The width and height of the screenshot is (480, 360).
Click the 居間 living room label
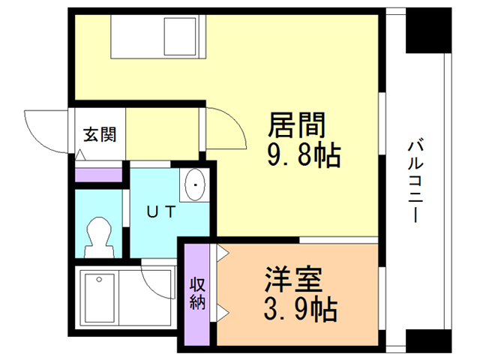click(x=296, y=125)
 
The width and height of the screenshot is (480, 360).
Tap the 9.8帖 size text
click(x=304, y=155)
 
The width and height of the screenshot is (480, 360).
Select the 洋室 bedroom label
click(x=293, y=279)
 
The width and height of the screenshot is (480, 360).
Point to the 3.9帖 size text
click(x=301, y=309)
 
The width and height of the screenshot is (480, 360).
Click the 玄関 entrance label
click(x=100, y=134)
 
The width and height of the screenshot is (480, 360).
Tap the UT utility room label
click(x=161, y=211)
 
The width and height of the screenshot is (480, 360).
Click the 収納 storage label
click(x=197, y=293)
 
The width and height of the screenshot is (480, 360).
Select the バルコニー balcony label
click(x=415, y=181)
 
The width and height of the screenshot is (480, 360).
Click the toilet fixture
click(x=99, y=237)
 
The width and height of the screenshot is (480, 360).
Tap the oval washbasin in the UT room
click(x=195, y=184)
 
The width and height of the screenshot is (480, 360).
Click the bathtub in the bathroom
click(x=100, y=298)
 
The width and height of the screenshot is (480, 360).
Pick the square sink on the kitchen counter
click(x=180, y=37)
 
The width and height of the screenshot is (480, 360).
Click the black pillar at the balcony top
click(x=428, y=31)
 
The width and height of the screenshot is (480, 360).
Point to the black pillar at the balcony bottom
click(x=428, y=341)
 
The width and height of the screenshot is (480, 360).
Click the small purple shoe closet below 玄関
click(x=98, y=175)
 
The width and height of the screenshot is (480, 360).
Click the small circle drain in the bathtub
click(x=99, y=280)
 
